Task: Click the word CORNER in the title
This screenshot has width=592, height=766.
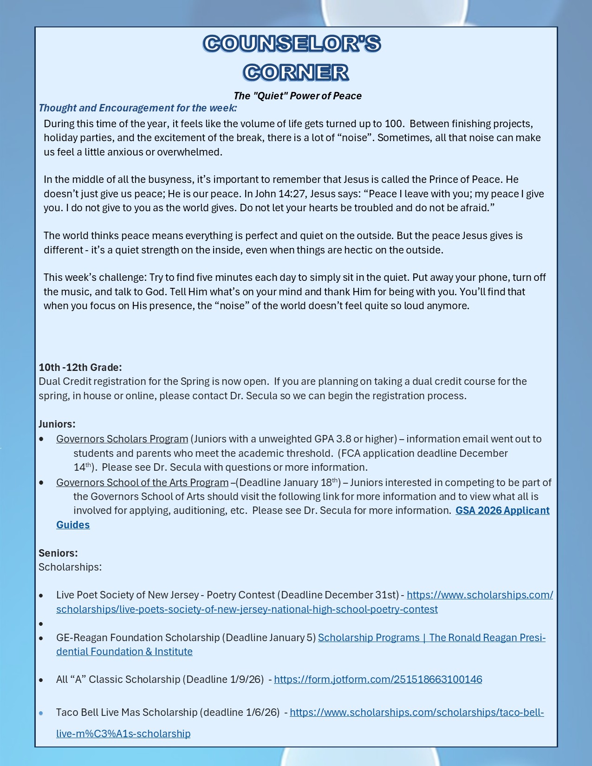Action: [x=296, y=72]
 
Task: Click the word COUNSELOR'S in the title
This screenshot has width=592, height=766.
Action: [x=292, y=44]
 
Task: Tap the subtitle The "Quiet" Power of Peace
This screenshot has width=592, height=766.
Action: [x=298, y=96]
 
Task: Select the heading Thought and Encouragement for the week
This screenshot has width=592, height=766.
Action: [x=138, y=108]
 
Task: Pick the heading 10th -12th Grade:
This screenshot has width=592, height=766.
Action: [x=80, y=368]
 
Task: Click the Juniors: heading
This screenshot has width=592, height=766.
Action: [x=57, y=424]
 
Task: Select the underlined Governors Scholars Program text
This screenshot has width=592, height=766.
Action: [x=122, y=439]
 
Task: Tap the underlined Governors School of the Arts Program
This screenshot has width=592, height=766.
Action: [x=142, y=483]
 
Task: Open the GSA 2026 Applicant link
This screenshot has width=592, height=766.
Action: [x=502, y=511]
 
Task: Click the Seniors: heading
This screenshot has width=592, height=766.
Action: [x=58, y=553]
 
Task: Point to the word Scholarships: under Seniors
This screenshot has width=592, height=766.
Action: [x=70, y=567]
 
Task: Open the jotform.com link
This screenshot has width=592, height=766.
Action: [x=378, y=680]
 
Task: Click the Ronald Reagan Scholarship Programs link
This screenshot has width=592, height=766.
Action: [x=431, y=638]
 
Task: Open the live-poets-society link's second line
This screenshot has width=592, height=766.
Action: [x=247, y=610]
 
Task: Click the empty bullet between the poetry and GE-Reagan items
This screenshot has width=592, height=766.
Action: [x=41, y=624]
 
